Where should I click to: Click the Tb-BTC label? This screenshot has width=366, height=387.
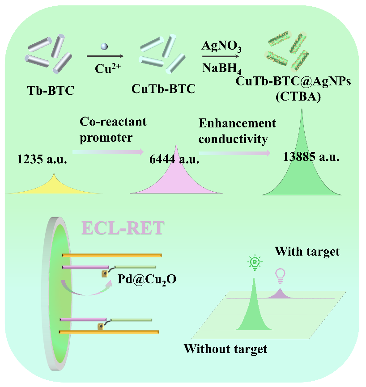49,92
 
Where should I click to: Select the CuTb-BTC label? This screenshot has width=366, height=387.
163,89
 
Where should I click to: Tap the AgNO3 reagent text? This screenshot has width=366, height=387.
222,46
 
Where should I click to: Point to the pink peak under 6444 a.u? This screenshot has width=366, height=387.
176,179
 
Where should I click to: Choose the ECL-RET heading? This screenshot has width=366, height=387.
123,227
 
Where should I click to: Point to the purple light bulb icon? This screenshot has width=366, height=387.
280,275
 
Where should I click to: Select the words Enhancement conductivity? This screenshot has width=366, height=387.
237,131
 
